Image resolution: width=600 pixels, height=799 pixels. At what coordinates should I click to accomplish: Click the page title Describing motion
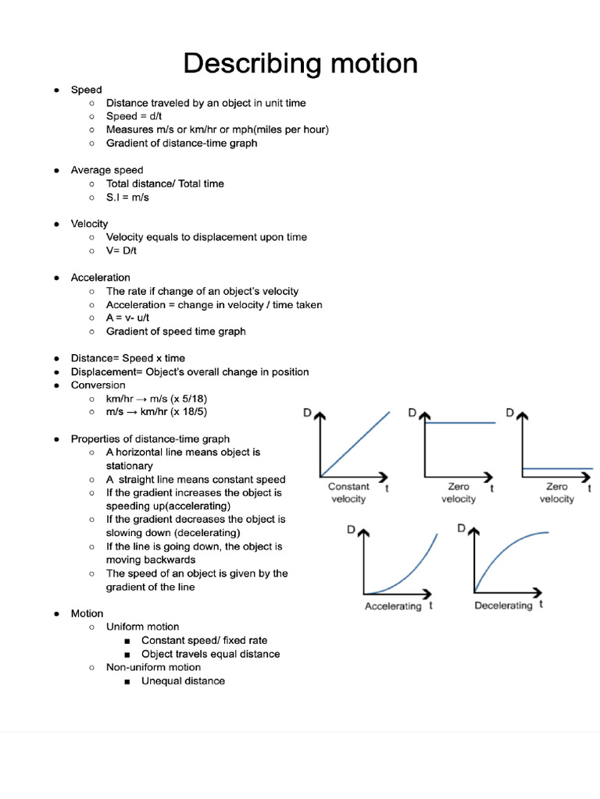[300, 63]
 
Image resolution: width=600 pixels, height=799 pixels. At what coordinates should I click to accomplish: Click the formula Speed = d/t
[134, 116]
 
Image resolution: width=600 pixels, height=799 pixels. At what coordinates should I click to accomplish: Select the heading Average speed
[107, 170]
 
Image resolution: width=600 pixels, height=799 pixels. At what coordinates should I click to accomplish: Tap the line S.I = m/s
[127, 197]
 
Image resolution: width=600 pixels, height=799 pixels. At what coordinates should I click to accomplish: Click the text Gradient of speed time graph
[176, 332]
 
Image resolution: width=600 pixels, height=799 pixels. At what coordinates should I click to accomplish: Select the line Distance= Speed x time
[128, 358]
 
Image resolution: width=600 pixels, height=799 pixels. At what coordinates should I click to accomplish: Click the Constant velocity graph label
[348, 492]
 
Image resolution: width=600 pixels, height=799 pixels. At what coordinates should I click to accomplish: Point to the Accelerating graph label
[393, 606]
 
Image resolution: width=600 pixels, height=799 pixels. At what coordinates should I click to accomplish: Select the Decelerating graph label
[503, 605]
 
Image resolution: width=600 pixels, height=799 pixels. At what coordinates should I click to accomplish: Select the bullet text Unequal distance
[183, 681]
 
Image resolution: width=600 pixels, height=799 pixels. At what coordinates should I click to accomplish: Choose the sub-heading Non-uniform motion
[153, 667]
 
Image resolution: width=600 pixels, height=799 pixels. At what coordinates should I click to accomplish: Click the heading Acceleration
[100, 278]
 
